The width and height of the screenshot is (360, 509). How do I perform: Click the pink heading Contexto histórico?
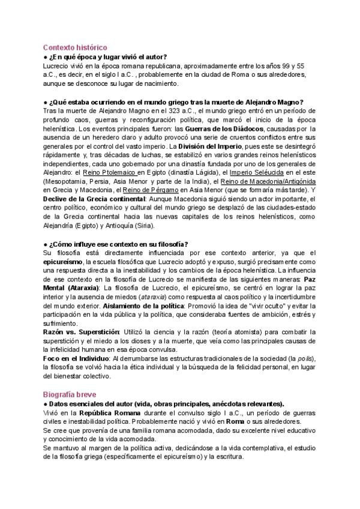coord(75,47)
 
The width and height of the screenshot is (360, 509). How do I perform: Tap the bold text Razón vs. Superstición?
coord(81,333)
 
